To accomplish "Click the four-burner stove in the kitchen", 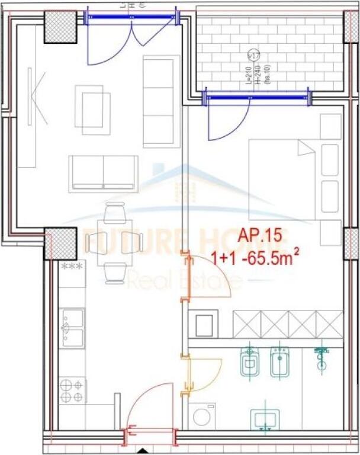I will point(72,391).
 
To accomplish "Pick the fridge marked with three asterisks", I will point(72,274).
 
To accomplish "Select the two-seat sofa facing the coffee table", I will point(104,173).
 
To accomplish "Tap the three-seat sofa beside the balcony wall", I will point(161,101).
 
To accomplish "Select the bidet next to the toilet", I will point(279,361).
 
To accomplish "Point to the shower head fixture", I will point(322,358).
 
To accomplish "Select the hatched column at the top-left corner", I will point(60,27).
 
